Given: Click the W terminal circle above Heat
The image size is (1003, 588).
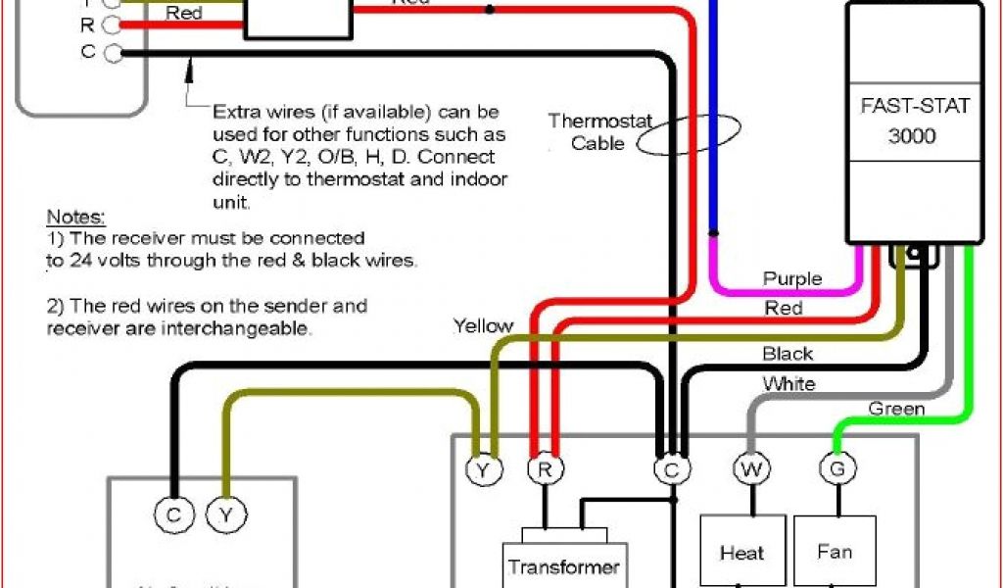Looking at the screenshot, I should [x=749, y=469].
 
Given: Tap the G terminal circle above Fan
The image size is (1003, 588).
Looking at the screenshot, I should [x=836, y=469].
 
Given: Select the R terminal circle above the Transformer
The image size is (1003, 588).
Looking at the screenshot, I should [x=544, y=469].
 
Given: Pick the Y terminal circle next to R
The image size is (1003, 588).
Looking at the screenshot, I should [x=483, y=469].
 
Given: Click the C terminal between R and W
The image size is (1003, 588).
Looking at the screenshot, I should [x=671, y=469].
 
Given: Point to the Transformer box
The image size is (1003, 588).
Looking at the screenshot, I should [x=563, y=565].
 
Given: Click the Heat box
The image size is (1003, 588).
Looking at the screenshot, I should [x=742, y=552].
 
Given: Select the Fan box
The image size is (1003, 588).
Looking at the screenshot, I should [x=835, y=552].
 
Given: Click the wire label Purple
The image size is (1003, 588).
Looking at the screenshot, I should [x=791, y=279].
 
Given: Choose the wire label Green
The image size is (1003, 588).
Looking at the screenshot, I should [x=896, y=408].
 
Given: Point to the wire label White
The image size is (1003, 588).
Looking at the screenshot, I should [x=788, y=384].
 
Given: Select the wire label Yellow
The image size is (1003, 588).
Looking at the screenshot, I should [x=483, y=325].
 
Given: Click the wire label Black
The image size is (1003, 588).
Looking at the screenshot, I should [x=788, y=354].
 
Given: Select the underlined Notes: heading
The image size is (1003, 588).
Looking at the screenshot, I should [x=75, y=217].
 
